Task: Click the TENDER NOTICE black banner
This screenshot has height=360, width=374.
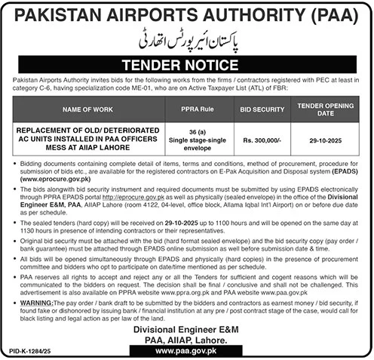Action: [x=187, y=66]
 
